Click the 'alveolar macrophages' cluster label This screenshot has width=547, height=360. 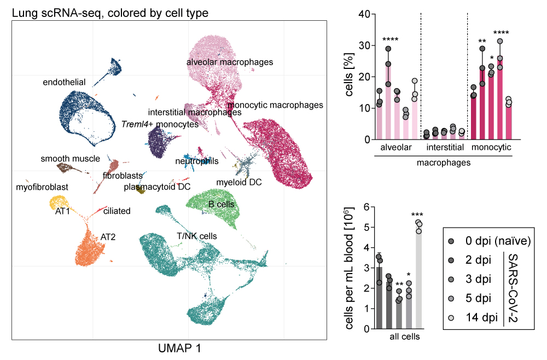click(229, 62)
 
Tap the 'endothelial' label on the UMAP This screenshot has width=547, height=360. click(64, 82)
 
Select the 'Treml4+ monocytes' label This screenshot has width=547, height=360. click(160, 124)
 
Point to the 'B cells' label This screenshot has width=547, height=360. click(221, 204)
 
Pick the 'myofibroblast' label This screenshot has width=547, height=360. click(42, 187)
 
